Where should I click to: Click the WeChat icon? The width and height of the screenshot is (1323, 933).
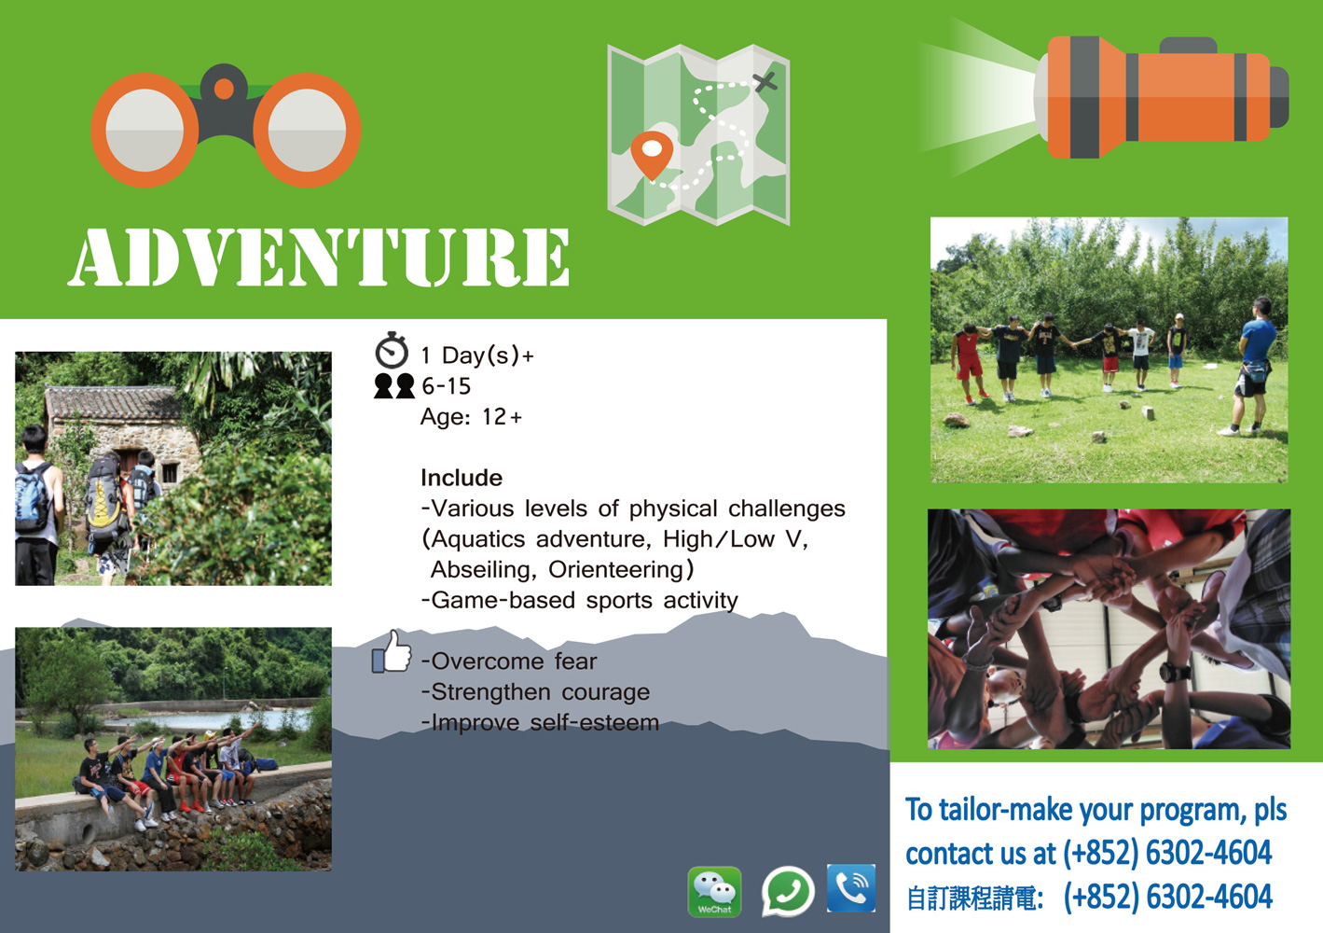point(715,892)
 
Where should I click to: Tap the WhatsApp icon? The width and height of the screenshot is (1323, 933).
point(788,892)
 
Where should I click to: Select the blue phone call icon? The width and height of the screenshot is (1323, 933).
point(851,888)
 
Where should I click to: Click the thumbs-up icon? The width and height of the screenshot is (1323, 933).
point(392,651)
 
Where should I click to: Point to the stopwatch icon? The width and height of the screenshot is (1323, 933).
point(392,351)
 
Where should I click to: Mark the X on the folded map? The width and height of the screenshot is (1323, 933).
point(765,81)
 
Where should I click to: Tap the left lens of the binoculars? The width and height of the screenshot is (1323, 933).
point(145,130)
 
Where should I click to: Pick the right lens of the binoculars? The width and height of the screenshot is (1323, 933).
point(307,130)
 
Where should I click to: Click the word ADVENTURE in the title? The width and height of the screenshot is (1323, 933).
point(319,258)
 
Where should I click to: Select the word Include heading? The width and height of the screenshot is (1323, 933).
point(462,478)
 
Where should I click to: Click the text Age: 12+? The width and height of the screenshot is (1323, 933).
point(471,417)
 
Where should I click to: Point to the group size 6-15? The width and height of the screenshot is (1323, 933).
point(446,386)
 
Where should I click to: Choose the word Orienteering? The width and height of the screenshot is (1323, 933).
point(614,570)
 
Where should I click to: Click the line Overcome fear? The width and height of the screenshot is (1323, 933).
point(508,661)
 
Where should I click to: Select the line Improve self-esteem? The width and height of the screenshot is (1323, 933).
point(540,723)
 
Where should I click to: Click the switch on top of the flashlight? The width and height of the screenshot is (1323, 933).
point(1188,45)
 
